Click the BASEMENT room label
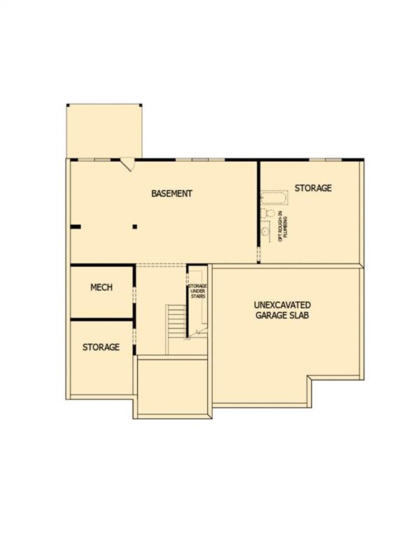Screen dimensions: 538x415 tap(171, 193)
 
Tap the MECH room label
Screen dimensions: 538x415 tap(101, 288)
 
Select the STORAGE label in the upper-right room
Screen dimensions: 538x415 tap(313, 188)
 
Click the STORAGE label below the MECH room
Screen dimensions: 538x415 tap(101, 347)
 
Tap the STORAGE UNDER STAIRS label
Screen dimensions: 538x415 tap(197, 292)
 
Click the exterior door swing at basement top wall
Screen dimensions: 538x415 tap(127, 165)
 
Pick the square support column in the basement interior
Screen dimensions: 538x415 tap(135, 226)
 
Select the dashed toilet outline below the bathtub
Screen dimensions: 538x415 tap(267, 213)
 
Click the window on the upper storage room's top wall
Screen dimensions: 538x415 tap(325, 160)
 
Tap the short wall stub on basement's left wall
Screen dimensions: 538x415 tap(75, 226)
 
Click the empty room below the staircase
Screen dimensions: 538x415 tap(173, 387)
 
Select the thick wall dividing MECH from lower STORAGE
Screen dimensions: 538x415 tap(101, 319)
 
